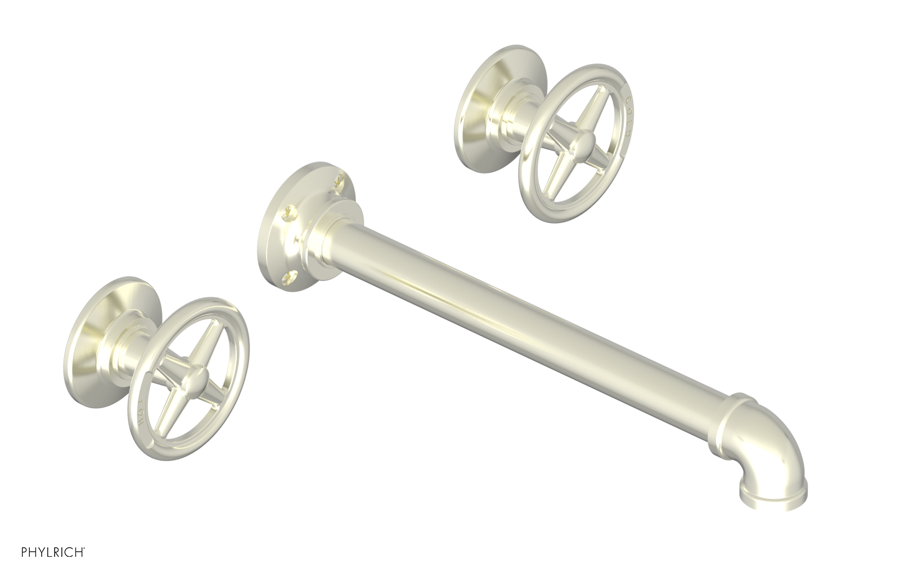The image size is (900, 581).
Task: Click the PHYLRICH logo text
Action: point(53,567)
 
